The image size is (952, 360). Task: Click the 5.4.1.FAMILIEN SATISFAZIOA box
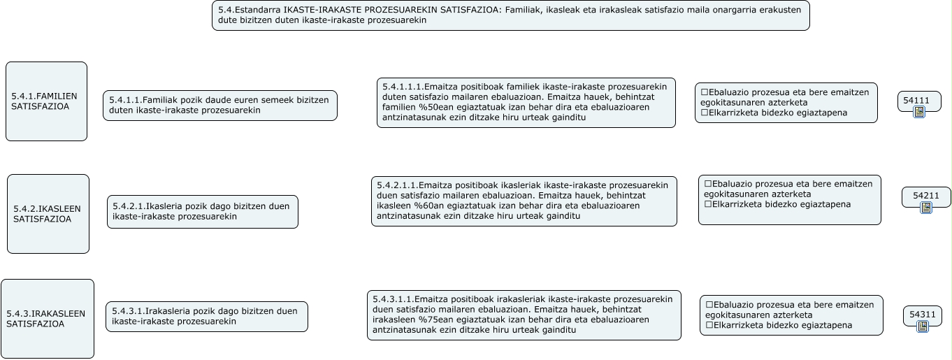[x=46, y=101]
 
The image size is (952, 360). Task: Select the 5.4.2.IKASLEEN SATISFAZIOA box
[x=48, y=214]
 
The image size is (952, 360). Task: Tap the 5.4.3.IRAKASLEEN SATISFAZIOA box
[x=47, y=319]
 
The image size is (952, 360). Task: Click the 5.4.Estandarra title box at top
[x=510, y=15]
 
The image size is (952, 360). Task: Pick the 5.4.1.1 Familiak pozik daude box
[x=219, y=106]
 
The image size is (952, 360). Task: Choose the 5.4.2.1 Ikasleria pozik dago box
[x=202, y=212]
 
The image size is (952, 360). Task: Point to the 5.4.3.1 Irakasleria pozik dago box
[x=206, y=317]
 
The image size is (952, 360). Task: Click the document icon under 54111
[x=919, y=112]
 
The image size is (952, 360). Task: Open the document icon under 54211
[x=926, y=208]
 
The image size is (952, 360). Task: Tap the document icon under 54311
[x=923, y=326]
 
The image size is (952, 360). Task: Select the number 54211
[x=925, y=196]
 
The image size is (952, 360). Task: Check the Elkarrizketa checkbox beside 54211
[x=708, y=205]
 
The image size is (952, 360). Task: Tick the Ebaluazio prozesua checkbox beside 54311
[x=709, y=305]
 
